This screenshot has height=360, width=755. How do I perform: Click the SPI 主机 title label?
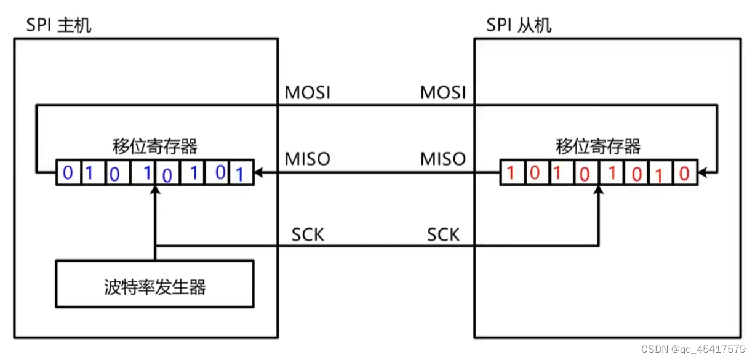(58, 26)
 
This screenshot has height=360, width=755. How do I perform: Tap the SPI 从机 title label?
(519, 26)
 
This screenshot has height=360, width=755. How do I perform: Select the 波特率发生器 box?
(154, 284)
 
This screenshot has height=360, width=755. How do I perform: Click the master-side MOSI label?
(308, 93)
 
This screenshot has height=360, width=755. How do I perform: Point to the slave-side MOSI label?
(443, 93)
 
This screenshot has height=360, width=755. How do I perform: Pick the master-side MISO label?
(308, 159)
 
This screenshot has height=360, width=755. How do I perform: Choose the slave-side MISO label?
(443, 159)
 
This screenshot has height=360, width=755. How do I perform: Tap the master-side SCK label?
(308, 234)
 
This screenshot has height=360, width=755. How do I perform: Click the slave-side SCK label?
(443, 234)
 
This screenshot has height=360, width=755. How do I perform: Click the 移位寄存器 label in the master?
(155, 146)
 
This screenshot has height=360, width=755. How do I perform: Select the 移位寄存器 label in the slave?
(598, 146)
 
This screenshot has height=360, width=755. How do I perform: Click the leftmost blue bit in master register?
(68, 174)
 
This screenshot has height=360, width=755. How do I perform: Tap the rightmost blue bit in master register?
(240, 175)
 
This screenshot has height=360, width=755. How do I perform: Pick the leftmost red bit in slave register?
(510, 174)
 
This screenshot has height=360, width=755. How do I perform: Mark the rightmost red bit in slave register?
(684, 174)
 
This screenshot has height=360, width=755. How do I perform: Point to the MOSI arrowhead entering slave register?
(702, 174)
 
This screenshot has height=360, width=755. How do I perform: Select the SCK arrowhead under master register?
(155, 190)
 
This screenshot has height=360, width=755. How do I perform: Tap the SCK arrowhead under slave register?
(598, 190)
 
